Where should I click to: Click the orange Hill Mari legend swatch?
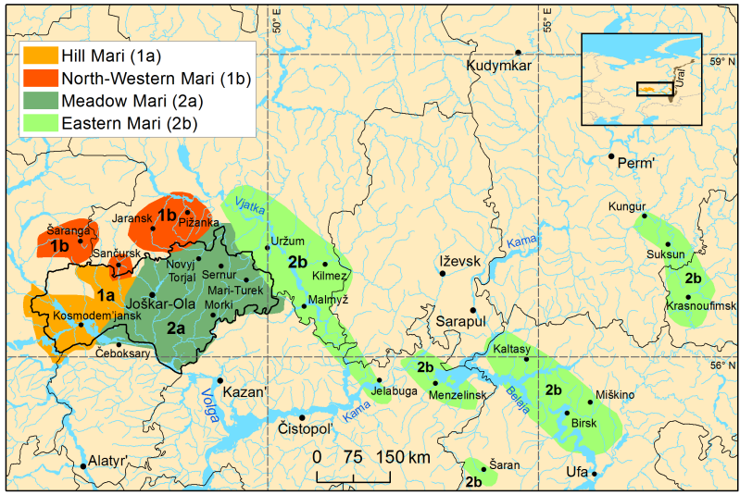point(38,56)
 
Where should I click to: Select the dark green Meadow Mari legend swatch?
point(38,100)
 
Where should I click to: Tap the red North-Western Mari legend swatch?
point(38,78)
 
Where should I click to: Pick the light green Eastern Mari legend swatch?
point(38,121)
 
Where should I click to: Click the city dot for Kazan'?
point(220,380)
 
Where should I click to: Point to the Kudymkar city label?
point(505,68)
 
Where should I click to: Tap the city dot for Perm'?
point(611,156)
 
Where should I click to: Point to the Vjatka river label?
point(249,206)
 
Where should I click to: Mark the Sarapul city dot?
point(472,310)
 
